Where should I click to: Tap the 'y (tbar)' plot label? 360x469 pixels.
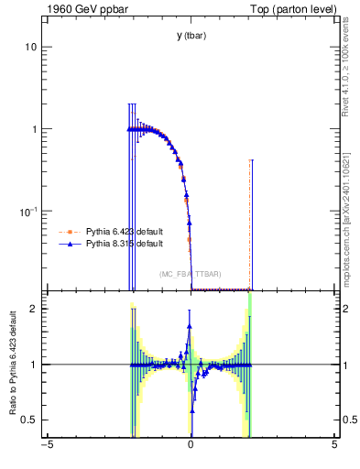(191, 36)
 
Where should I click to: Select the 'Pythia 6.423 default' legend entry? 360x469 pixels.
(124, 232)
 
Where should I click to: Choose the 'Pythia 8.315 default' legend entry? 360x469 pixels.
(124, 244)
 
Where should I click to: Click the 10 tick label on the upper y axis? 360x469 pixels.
(30, 47)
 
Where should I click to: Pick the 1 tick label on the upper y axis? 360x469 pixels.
(34, 129)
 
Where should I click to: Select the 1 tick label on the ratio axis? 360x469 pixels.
(34, 365)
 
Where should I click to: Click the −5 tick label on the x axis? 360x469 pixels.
(47, 446)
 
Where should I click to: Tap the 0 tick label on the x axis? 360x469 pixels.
(191, 446)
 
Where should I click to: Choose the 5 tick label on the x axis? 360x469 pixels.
(334, 446)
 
